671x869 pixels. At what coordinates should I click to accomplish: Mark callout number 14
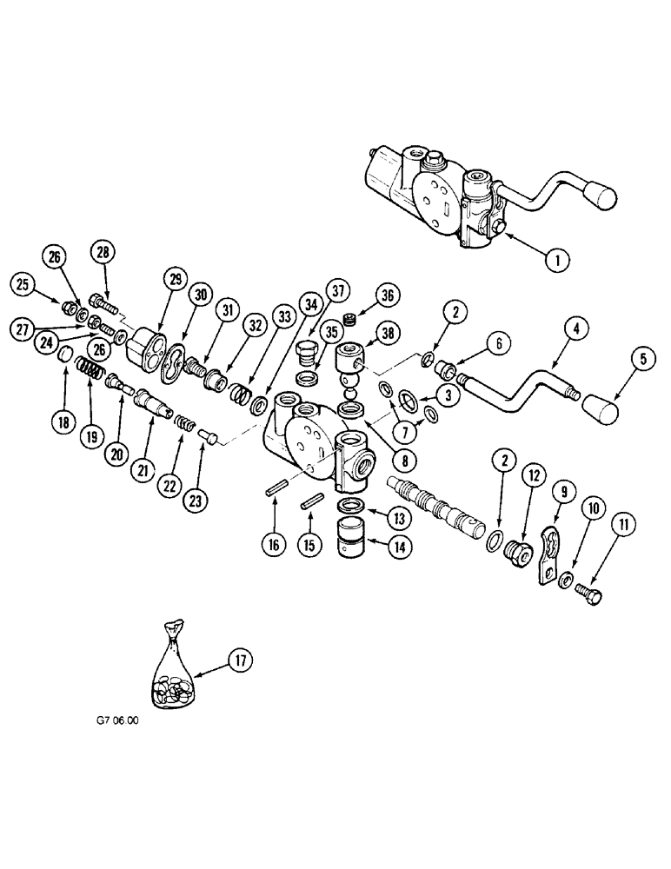click(402, 548)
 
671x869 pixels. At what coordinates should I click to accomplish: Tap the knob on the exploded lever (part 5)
click(600, 407)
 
